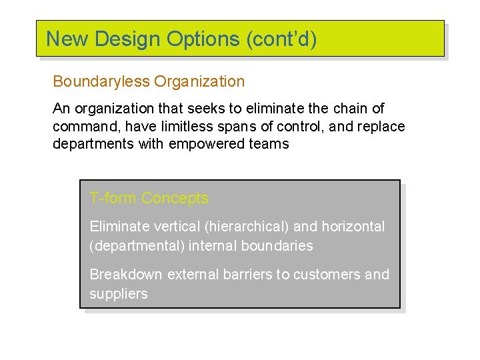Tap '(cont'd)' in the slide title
281,39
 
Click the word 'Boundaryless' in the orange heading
101,82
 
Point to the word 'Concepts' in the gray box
175,198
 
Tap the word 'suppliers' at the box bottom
118,294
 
